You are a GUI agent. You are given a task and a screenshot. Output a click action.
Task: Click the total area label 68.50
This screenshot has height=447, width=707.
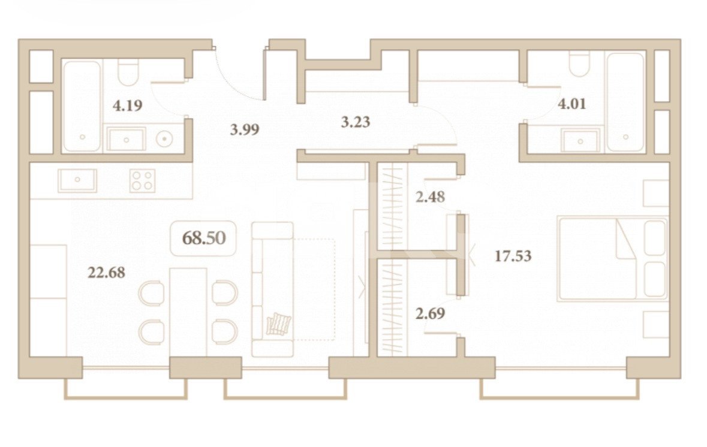[x=203, y=238]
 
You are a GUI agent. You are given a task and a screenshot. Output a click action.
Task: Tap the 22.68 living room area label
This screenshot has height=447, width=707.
[x=106, y=273]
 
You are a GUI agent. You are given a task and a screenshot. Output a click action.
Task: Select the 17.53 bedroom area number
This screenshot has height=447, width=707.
[x=513, y=256]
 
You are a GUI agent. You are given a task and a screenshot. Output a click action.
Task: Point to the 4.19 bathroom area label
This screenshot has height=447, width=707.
[x=127, y=106]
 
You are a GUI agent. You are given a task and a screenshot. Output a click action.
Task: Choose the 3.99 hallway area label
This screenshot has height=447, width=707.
[x=245, y=129]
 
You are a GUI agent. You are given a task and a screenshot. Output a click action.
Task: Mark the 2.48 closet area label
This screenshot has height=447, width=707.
[x=430, y=196]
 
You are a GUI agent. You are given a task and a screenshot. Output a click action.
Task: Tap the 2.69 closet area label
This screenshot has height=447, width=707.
[x=430, y=313]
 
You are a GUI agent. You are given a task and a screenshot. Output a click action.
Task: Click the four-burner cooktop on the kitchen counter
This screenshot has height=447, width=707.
[x=143, y=180]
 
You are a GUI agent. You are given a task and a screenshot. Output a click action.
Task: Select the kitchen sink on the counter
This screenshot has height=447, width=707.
[x=77, y=180]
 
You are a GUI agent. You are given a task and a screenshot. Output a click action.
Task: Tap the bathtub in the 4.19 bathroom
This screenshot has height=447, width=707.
[x=82, y=106]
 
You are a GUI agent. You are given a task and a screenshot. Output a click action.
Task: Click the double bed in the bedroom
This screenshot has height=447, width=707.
[x=612, y=258]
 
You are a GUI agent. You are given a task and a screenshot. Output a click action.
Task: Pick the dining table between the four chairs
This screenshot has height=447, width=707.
[x=188, y=312]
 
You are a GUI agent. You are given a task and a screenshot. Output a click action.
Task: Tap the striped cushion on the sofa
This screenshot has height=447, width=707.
[x=279, y=324]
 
